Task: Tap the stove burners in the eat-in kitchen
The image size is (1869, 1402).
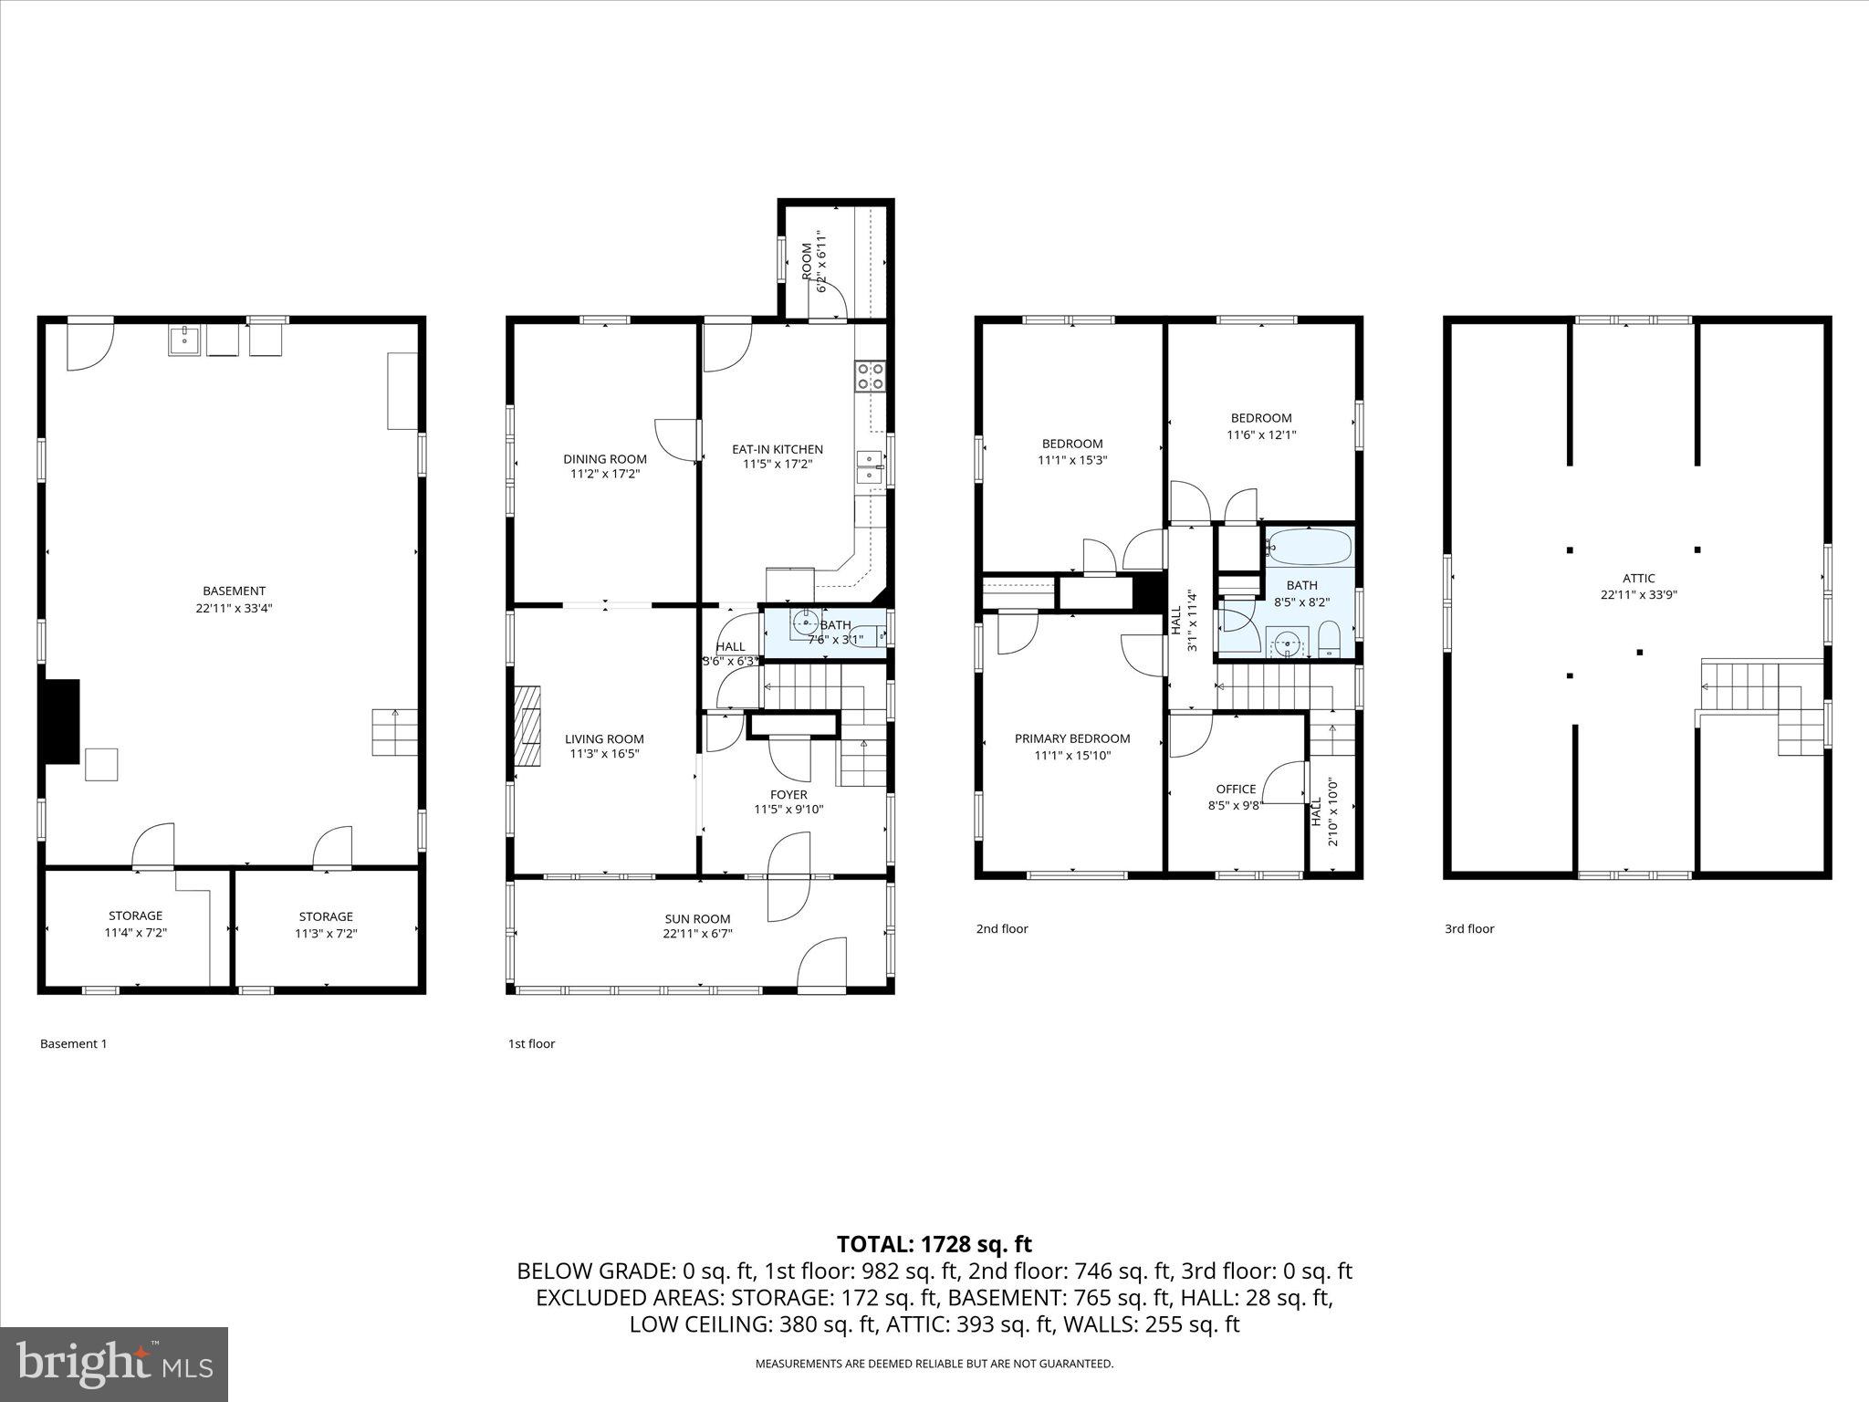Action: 870,376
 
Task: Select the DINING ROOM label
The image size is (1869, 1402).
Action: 604,459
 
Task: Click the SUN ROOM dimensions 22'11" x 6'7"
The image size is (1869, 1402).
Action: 697,934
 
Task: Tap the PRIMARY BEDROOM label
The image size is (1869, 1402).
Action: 1071,738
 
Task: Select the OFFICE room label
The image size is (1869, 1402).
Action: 1236,789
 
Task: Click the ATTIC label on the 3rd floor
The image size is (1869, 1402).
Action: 1638,578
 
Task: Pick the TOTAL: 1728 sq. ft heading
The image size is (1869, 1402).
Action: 934,1244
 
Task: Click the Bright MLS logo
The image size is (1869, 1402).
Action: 114,1364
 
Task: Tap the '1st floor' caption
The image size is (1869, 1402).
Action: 531,1043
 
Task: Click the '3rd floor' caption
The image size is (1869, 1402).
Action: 1468,928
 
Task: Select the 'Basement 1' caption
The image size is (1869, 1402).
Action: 73,1043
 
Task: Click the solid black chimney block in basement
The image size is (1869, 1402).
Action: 62,720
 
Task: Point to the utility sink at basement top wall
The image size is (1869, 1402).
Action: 184,340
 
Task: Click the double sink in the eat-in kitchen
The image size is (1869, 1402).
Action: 870,466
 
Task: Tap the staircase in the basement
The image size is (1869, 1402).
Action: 394,732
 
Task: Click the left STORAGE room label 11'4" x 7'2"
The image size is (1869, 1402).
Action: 135,915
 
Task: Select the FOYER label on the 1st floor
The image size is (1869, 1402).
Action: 788,794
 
